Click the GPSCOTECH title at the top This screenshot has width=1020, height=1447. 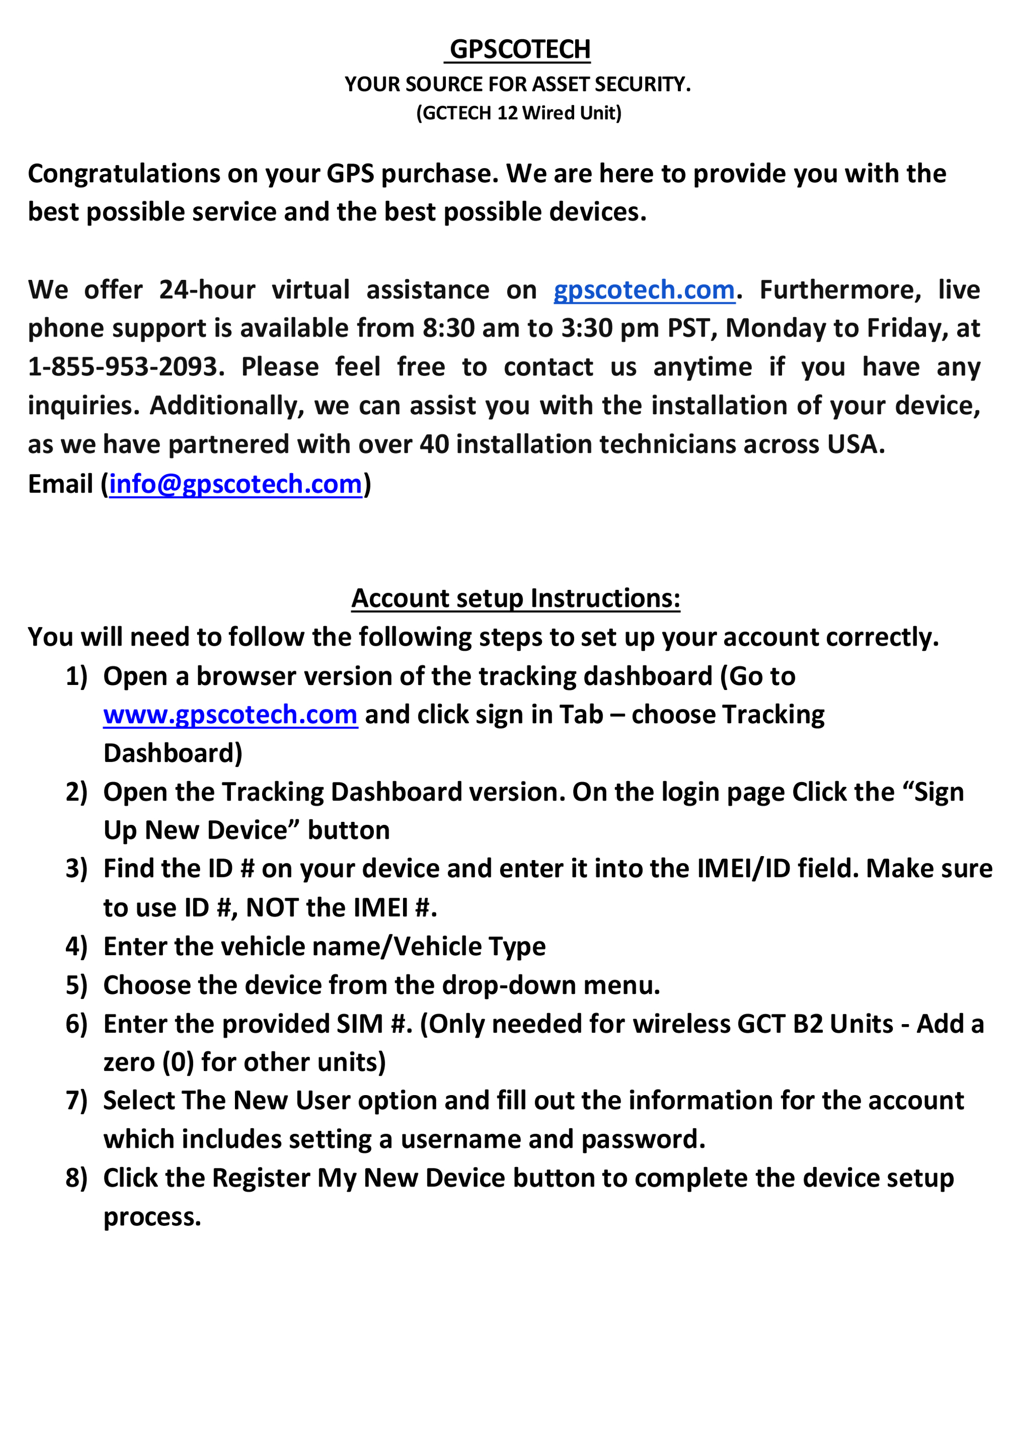coord(519,49)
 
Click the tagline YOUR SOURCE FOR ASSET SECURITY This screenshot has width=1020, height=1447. coord(517,84)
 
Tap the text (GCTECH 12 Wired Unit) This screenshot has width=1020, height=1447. coord(519,113)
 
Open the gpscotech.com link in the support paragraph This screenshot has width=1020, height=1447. coord(644,290)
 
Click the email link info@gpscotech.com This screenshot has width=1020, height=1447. coord(236,484)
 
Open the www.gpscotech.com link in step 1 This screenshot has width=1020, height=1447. coord(230,715)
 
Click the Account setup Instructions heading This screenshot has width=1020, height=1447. coord(516,598)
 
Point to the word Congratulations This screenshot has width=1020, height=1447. coord(124,174)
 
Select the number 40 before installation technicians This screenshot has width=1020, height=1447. coord(434,444)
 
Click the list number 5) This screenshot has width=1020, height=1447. coord(76,985)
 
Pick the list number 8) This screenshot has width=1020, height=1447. coord(76,1178)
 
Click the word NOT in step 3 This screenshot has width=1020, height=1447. coord(272,908)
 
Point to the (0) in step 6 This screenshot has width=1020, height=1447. coord(178,1062)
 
